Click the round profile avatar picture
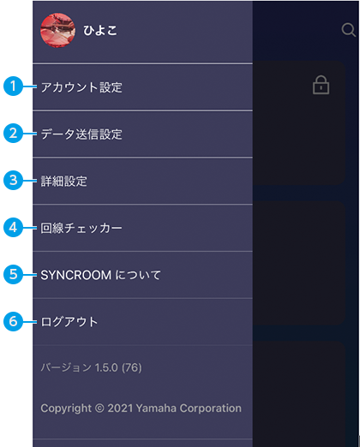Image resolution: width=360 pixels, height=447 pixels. pos(58,30)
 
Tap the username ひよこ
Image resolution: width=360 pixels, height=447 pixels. pos(100,30)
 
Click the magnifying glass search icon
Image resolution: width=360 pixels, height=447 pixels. pos(349,30)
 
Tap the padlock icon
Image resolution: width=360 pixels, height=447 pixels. pos(321,85)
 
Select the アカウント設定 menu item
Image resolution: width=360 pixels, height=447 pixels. pos(81,87)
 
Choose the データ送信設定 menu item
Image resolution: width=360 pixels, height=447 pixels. pos(81,134)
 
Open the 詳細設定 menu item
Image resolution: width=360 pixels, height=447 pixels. pos(63,181)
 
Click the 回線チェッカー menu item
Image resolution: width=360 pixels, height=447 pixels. pos(81,228)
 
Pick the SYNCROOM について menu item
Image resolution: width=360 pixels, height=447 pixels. pos(100,275)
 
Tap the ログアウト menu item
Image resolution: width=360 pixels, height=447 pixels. pos(69,322)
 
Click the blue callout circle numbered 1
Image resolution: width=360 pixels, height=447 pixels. pos(13,86)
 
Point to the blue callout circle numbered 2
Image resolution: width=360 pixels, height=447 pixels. pos(13,133)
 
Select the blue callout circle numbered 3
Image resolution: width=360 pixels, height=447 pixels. pos(13,180)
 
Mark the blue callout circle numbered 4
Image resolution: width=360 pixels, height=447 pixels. pos(13,227)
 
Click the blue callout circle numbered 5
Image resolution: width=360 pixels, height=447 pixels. pos(13,274)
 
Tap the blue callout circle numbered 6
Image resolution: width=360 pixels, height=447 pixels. pos(13,321)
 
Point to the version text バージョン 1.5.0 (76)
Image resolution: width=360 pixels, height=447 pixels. pos(91,367)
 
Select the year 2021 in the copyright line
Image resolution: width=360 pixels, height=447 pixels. pos(120,408)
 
